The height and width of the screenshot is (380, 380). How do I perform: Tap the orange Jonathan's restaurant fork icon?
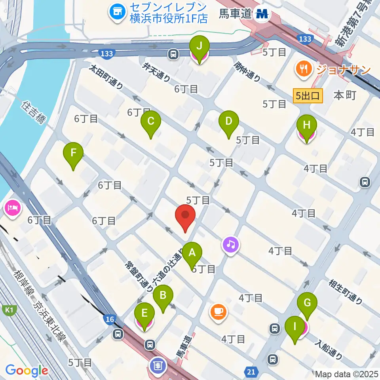click(303, 69)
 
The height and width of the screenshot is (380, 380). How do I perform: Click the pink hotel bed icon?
click(12, 208)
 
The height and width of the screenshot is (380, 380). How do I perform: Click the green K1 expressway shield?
click(8, 310)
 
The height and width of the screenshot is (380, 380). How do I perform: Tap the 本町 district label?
click(345, 95)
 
